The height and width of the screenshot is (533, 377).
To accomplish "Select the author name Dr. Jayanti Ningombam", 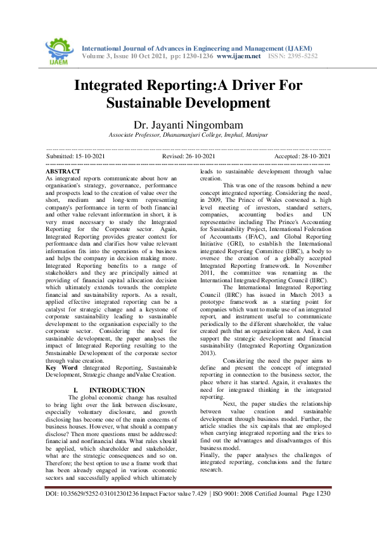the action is point(188,124).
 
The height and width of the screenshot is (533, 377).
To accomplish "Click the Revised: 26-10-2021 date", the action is point(189,156).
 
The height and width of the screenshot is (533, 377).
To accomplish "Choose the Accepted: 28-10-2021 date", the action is point(302,156).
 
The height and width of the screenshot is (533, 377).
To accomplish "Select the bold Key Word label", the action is point(65,367).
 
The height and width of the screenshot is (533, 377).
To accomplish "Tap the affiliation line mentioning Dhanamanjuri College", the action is point(188,135).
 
